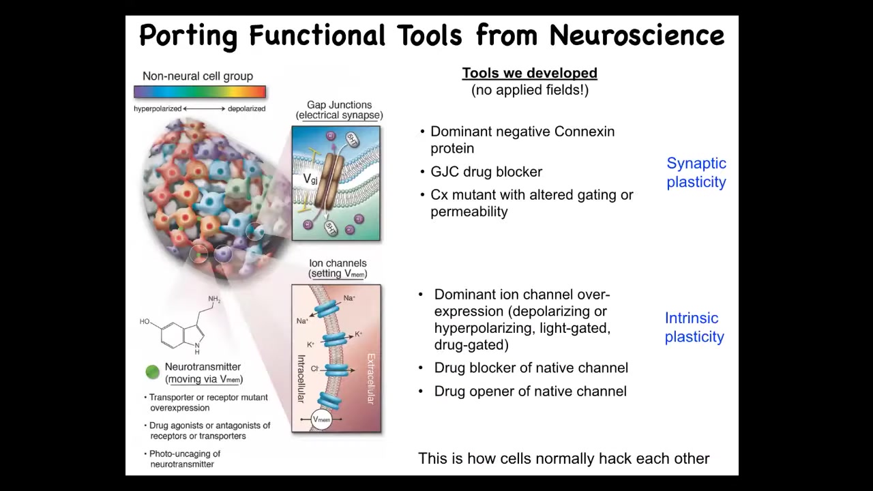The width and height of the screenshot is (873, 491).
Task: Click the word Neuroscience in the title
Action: click(x=636, y=35)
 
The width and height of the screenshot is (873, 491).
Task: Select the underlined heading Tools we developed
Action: click(x=529, y=73)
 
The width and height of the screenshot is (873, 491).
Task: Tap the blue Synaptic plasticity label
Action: click(x=696, y=173)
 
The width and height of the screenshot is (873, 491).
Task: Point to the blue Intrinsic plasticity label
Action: click(x=694, y=327)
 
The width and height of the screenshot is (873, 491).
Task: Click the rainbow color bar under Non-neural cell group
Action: click(x=200, y=92)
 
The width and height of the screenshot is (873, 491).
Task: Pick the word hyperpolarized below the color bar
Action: click(x=158, y=108)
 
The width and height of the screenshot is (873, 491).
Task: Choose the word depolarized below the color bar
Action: click(x=246, y=108)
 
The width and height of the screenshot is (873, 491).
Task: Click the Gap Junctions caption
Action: click(x=339, y=106)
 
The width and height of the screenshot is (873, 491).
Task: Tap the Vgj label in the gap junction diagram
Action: click(x=310, y=179)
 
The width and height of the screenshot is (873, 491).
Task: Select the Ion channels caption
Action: click(x=338, y=263)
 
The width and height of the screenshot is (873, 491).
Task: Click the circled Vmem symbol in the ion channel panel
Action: click(x=321, y=419)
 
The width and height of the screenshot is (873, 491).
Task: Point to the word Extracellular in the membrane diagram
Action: click(x=371, y=378)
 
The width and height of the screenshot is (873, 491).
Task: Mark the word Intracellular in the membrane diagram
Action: click(x=301, y=378)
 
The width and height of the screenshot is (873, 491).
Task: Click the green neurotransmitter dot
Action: click(x=152, y=372)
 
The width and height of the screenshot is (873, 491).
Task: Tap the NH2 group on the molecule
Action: click(x=214, y=299)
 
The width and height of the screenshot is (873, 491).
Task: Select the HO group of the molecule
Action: click(x=145, y=321)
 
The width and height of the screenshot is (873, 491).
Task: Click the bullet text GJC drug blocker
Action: click(x=486, y=172)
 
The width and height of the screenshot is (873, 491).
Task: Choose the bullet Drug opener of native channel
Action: click(x=530, y=391)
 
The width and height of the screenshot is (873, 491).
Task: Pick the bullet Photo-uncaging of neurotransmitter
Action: click(x=184, y=459)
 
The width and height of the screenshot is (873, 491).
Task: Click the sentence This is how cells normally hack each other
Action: click(x=563, y=459)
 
